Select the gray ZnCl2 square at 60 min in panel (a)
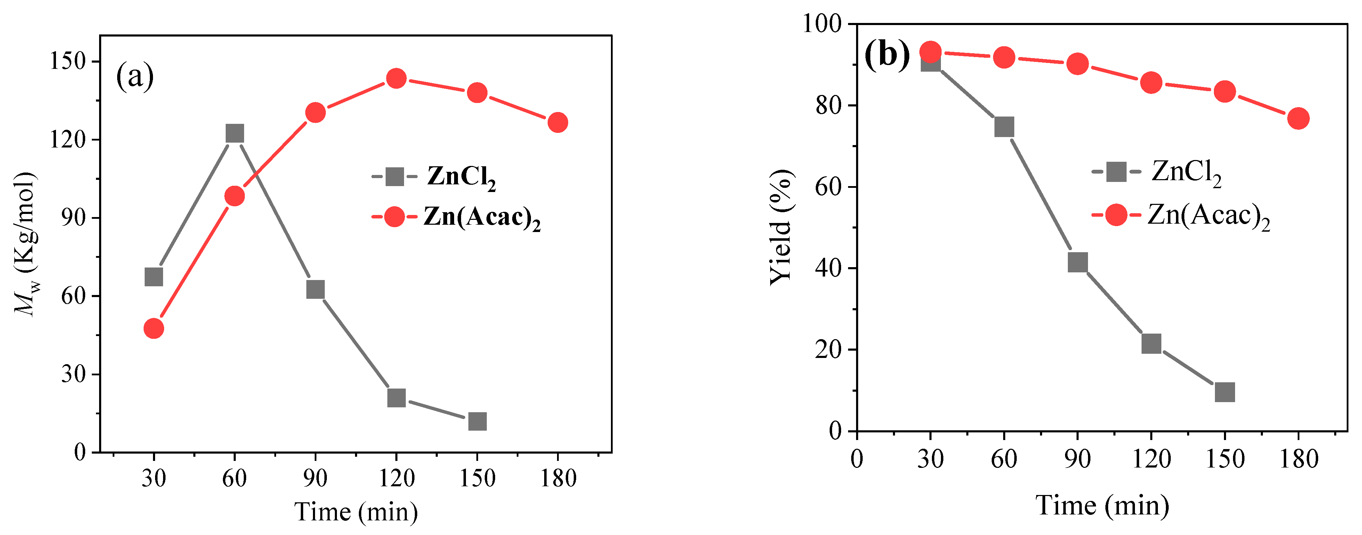coord(234,133)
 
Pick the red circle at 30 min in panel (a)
coord(153,329)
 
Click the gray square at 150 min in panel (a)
coord(477,421)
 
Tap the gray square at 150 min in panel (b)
coord(1225,392)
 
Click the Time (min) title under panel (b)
coord(1102,505)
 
